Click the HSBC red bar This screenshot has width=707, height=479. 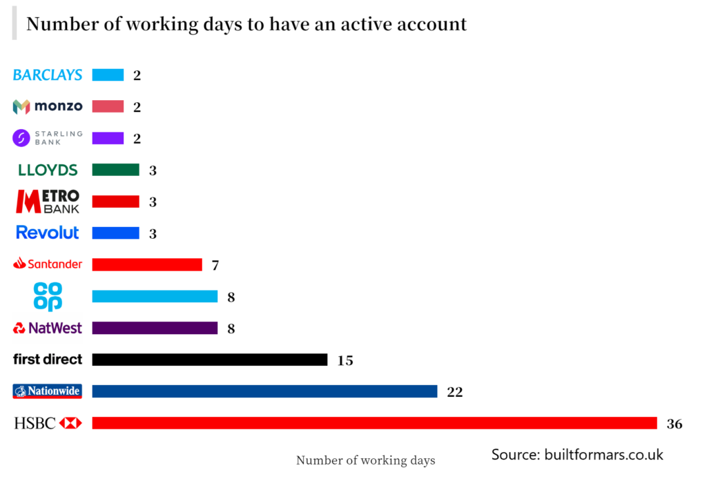[374, 422]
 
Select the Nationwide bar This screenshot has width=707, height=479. [264, 391]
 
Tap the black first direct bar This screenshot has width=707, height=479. [209, 360]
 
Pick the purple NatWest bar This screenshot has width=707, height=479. [155, 328]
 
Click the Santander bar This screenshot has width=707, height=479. [146, 264]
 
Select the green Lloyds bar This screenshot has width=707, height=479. [115, 170]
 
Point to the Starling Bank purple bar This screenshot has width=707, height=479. [108, 138]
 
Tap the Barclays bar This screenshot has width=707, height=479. [108, 75]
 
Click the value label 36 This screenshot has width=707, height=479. [674, 424]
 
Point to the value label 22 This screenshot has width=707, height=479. [454, 392]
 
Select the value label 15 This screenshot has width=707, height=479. [345, 360]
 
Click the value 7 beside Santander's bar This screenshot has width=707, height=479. [215, 265]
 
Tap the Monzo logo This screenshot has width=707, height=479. [48, 106]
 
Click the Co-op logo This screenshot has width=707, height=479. [48, 296]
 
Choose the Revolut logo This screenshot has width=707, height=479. [48, 233]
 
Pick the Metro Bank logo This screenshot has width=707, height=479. [48, 201]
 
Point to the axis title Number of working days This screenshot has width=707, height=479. [365, 460]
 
